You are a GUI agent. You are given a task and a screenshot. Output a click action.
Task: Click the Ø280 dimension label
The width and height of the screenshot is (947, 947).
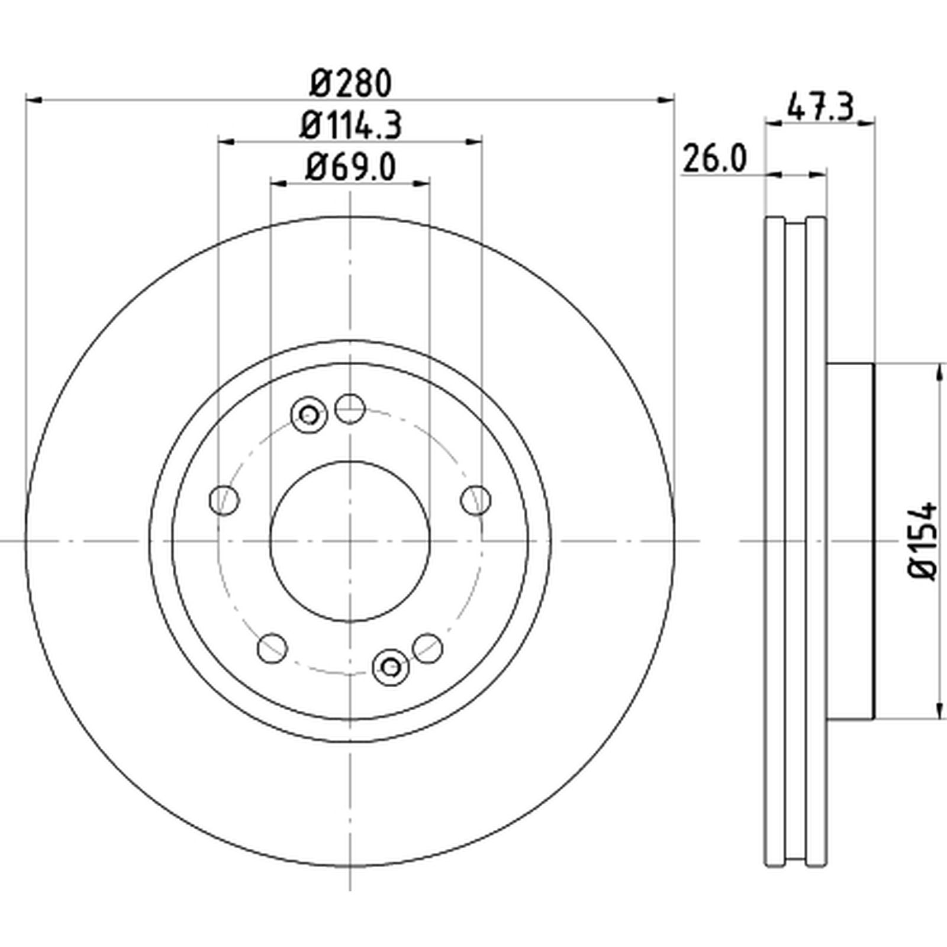(350, 83)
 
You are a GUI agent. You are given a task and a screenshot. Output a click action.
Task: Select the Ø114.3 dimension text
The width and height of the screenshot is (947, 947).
(350, 125)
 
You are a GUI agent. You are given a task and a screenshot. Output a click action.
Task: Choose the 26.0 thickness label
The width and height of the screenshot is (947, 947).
(714, 158)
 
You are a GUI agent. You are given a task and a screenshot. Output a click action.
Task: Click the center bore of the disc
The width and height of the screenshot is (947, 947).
(350, 541)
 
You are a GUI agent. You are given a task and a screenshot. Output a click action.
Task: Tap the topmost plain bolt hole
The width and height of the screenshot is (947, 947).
(350, 408)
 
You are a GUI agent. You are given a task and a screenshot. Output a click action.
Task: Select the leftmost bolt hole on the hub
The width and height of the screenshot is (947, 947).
(225, 500)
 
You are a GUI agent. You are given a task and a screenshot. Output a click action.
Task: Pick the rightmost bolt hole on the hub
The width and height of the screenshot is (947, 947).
(476, 500)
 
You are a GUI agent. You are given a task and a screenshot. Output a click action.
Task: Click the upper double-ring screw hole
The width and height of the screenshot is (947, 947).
(308, 414)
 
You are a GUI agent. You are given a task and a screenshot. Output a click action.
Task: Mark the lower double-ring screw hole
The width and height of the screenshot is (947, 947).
(391, 667)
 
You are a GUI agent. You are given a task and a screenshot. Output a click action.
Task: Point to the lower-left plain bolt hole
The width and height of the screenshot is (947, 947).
(273, 648)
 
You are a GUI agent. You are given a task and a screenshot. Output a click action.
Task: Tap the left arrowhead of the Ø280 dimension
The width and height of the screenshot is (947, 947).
(34, 101)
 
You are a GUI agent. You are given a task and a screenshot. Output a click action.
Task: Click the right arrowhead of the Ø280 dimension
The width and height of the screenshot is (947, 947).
(666, 101)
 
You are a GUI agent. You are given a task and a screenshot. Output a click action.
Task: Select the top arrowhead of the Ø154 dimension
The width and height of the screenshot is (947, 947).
(939, 372)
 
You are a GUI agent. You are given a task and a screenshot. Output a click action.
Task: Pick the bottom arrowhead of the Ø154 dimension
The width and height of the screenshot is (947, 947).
(939, 710)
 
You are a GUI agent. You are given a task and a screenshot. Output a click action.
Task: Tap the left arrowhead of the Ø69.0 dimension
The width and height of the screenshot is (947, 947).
(279, 184)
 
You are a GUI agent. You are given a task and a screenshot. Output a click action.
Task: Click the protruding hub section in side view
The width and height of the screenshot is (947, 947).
(850, 541)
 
